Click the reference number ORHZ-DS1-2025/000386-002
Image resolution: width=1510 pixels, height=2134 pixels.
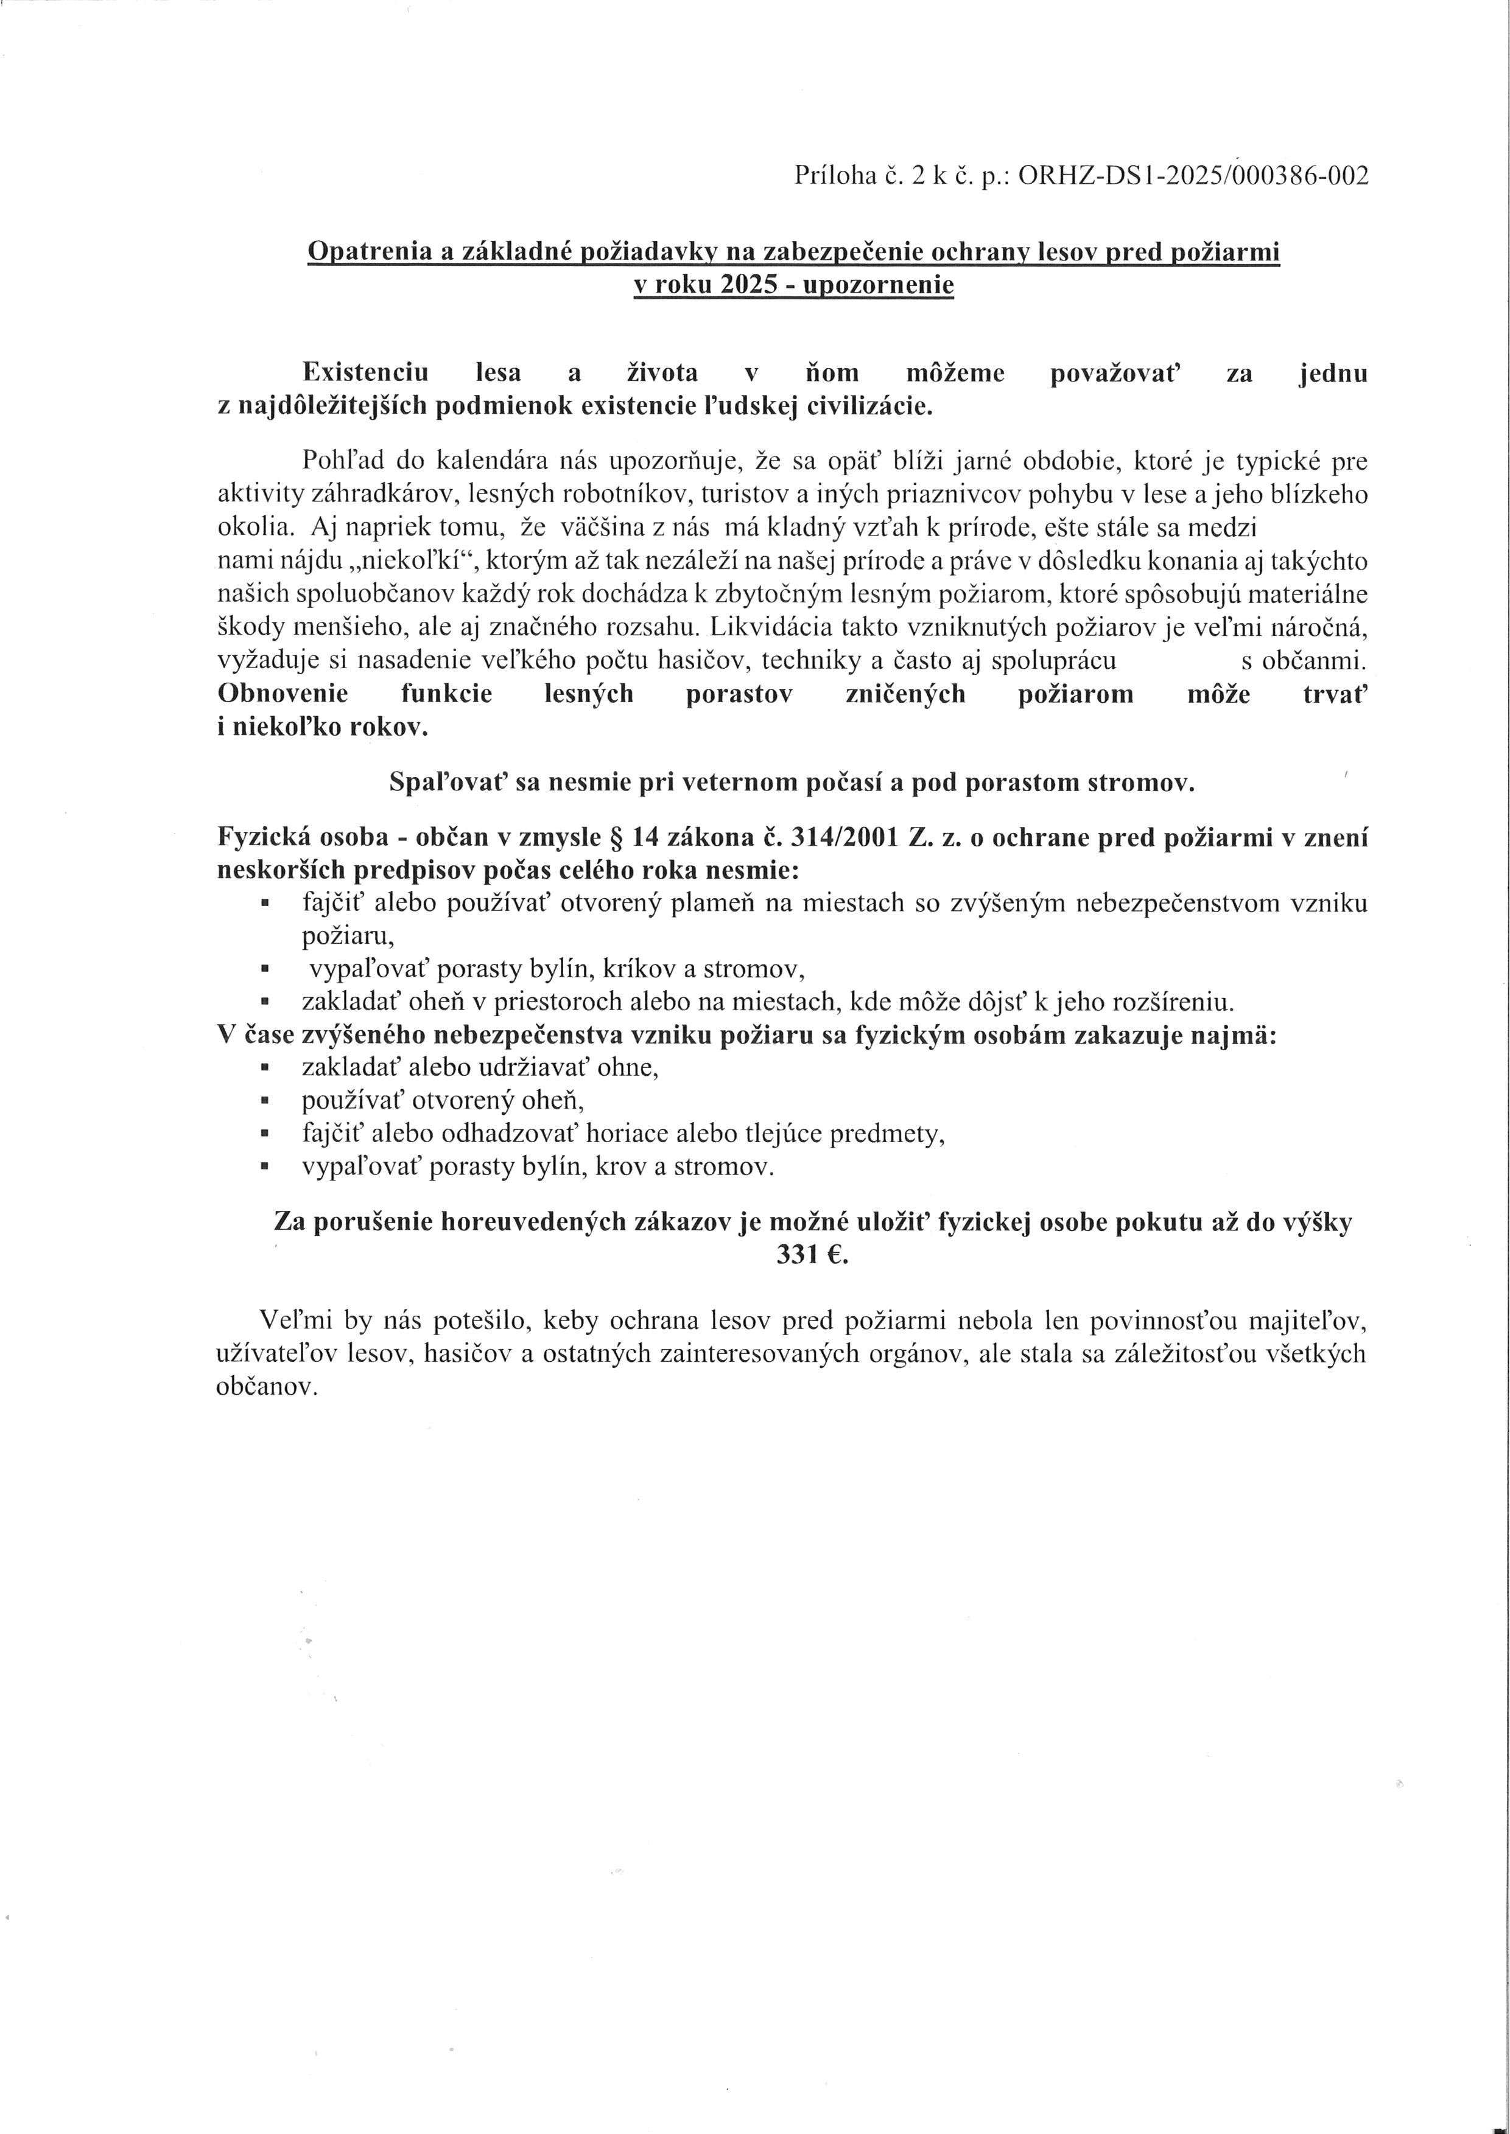pos(1194,176)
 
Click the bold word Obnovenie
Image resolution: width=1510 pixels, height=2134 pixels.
pos(283,694)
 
